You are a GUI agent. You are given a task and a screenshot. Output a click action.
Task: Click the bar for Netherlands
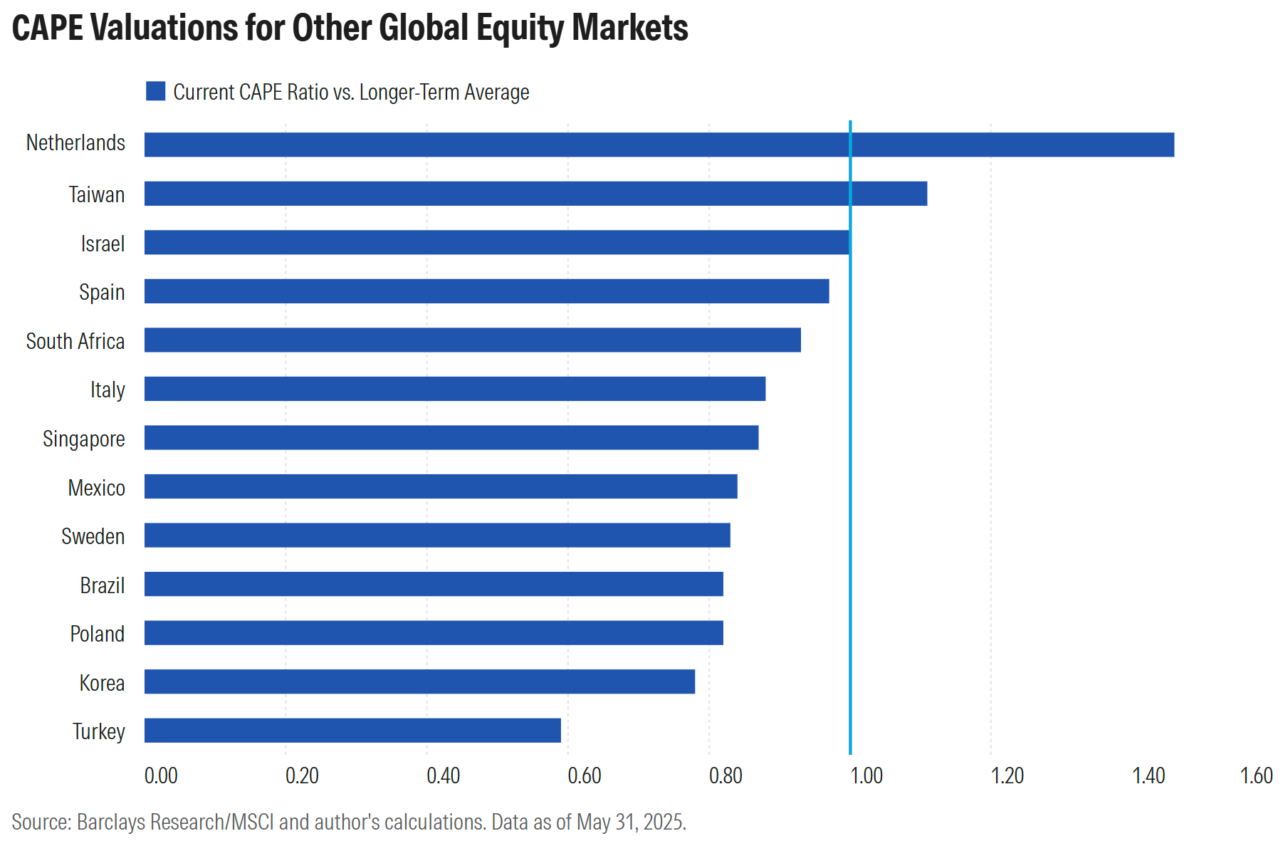659,145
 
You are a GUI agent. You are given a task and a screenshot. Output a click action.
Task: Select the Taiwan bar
535,194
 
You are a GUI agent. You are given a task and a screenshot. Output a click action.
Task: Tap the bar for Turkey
352,730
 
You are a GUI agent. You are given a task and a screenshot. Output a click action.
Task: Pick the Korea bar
419,681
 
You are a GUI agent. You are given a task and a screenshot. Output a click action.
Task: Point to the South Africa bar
472,340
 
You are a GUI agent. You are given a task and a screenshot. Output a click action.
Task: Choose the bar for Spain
486,291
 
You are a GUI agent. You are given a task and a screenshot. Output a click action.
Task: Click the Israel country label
103,244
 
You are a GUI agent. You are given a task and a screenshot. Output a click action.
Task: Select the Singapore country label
84,439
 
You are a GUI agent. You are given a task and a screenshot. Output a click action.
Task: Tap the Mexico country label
96,489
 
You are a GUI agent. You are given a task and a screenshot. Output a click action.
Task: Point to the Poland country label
97,634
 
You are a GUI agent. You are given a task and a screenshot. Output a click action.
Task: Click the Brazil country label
102,586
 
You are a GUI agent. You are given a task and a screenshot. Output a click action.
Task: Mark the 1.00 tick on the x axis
866,775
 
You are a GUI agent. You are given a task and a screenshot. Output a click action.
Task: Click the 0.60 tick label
584,775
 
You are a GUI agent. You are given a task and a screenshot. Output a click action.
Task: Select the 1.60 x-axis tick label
1256,775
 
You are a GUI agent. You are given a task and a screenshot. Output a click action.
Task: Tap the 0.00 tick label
161,775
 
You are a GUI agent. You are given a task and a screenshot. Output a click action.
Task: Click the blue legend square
155,91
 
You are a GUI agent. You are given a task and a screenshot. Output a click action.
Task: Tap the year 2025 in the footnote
664,822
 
